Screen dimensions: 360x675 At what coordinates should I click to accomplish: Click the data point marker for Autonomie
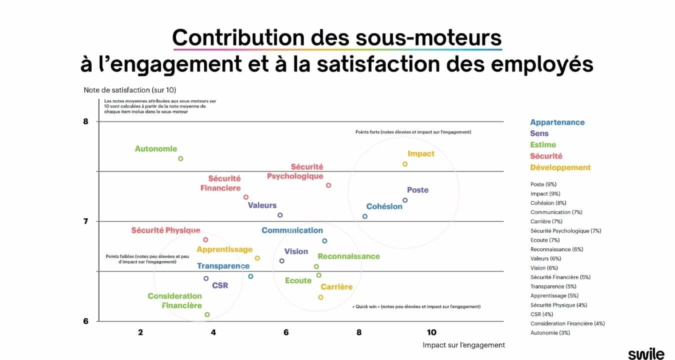pos(180,158)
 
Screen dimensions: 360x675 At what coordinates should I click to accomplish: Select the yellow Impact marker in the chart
pos(405,164)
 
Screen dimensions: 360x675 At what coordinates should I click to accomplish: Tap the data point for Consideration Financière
pos(207,314)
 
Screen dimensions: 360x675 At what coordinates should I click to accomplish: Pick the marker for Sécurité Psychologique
pos(328,185)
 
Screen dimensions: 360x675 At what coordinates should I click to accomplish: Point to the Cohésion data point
pos(365,216)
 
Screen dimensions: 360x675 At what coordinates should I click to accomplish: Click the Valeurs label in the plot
pos(262,205)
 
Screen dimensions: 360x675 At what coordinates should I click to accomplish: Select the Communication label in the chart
pos(292,230)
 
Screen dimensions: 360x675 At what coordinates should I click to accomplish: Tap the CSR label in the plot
pos(220,285)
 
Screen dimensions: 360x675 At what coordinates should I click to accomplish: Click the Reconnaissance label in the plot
pos(348,256)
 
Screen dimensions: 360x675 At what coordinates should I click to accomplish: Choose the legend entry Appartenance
pos(557,122)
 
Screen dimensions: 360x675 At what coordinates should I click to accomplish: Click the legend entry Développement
pos(560,167)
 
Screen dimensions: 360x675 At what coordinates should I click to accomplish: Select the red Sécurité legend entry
pos(546,156)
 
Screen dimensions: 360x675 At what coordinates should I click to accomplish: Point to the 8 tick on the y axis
pos(85,121)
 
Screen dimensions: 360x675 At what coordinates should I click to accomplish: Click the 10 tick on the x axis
pos(431,332)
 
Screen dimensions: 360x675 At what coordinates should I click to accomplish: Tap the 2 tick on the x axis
pos(140,332)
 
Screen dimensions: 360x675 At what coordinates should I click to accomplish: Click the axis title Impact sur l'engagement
pos(463,345)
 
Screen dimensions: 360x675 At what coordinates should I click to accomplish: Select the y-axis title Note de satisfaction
pos(130,90)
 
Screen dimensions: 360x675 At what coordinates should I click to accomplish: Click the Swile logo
pos(646,353)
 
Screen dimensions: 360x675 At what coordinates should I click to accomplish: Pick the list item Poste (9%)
pos(543,184)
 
